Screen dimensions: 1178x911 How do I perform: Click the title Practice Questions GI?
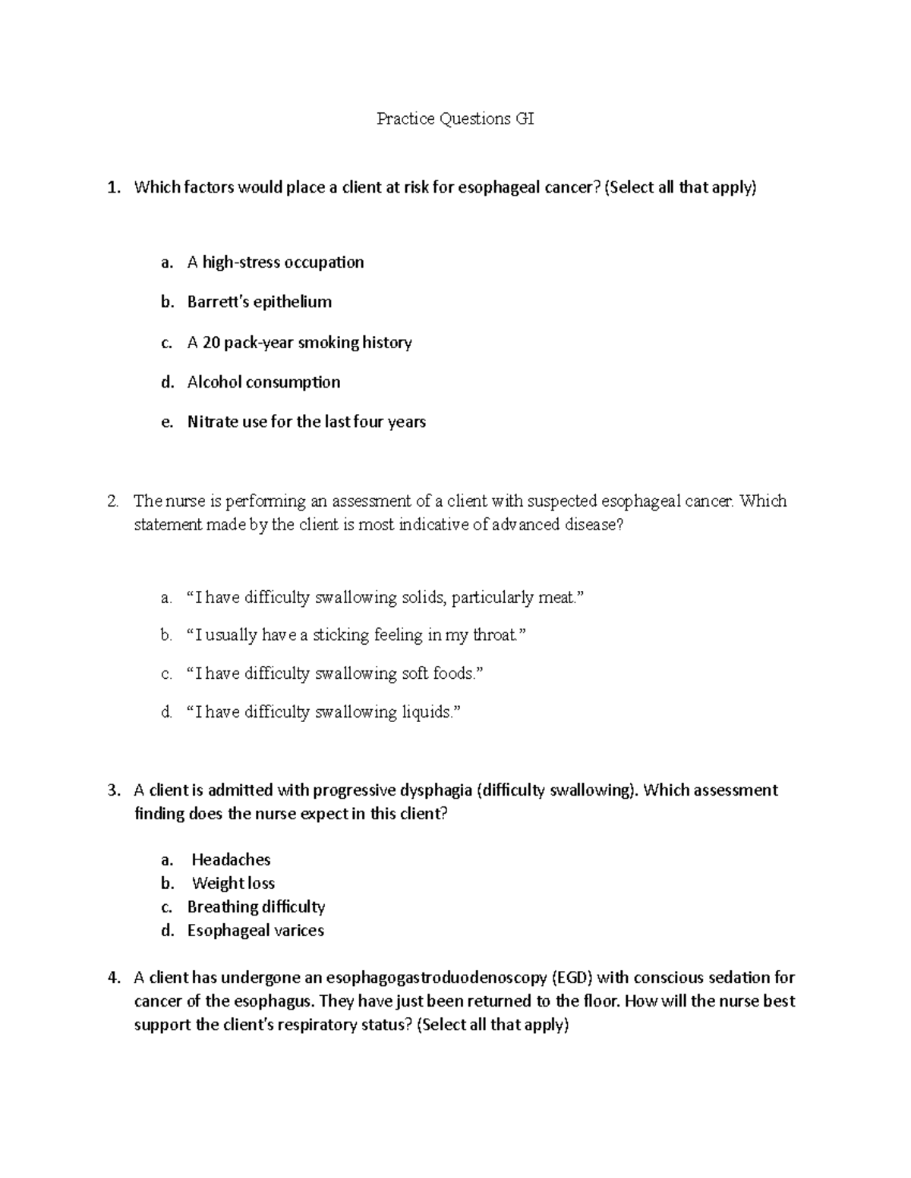pos(455,119)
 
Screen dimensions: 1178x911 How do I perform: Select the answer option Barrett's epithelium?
pos(259,302)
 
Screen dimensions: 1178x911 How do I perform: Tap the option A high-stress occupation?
pos(275,262)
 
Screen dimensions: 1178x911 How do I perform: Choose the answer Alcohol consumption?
pos(263,382)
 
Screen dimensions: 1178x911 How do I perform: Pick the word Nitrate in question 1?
pos(212,422)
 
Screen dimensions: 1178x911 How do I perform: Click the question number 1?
pos(113,187)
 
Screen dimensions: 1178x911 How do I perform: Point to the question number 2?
pos(112,501)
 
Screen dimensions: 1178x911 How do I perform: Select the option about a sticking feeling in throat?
pos(355,635)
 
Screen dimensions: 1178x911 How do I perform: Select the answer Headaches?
pos(231,859)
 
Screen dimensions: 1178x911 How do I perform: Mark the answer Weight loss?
pos(233,883)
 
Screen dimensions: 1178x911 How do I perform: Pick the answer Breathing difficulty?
pos(256,906)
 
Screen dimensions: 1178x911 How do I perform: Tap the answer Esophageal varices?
pos(255,930)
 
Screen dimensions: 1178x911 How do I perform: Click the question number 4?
pos(113,978)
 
